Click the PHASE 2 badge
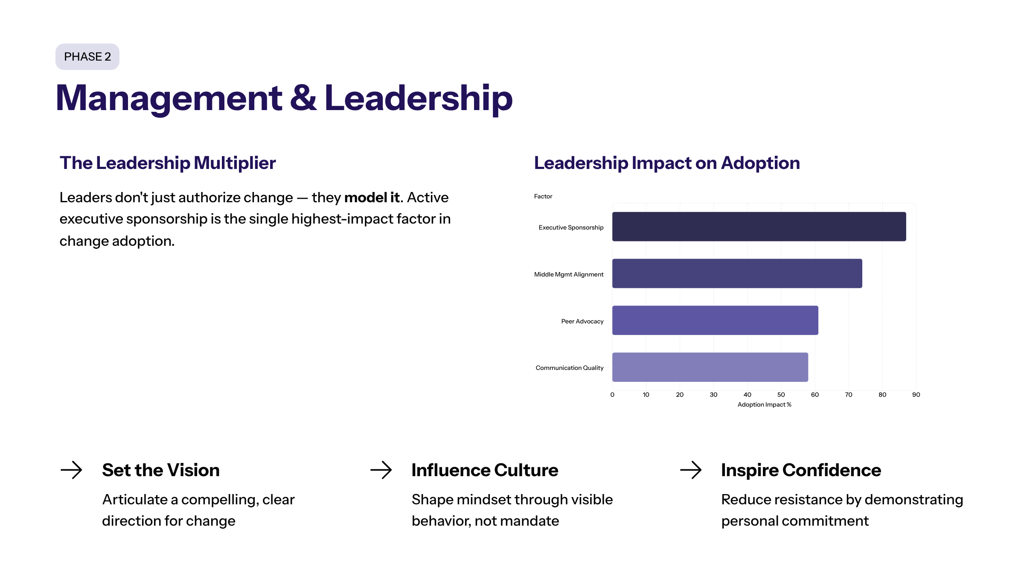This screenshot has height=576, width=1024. (87, 57)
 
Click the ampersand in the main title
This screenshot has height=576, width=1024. (303, 99)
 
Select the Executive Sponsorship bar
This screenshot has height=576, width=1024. (759, 227)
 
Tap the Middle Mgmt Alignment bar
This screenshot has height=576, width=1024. (737, 273)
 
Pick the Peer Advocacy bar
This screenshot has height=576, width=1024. (715, 320)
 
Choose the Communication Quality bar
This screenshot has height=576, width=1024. (710, 367)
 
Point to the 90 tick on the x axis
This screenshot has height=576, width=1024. (916, 395)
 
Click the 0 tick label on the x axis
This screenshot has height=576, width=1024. (612, 395)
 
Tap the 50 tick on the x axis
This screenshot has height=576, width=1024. (781, 395)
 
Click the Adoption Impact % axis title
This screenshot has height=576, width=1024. (764, 404)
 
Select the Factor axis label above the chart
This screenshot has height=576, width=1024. (543, 196)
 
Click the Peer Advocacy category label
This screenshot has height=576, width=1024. (582, 321)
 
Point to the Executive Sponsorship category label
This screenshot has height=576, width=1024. (571, 227)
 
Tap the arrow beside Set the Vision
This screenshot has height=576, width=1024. (71, 470)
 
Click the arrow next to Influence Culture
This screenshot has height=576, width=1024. (381, 470)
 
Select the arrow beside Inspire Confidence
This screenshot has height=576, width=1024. (691, 470)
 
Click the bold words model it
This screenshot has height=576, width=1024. (372, 198)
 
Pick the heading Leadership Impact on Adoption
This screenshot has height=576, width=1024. (667, 163)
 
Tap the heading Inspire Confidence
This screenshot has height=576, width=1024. (801, 470)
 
